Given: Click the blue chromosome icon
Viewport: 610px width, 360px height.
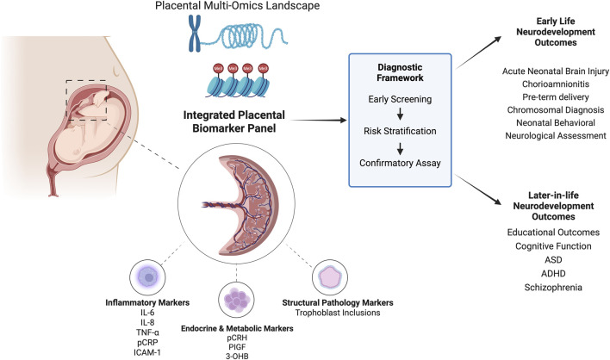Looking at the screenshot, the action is [x=195, y=34].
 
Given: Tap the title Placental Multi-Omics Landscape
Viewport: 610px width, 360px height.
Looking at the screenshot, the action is [x=237, y=6].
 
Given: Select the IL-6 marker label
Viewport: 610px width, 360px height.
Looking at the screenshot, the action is [x=147, y=313].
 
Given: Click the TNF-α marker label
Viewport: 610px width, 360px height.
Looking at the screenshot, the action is [x=147, y=332].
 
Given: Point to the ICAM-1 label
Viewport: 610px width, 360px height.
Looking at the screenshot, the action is [x=147, y=352].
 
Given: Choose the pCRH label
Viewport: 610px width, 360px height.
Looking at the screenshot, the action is [x=237, y=338].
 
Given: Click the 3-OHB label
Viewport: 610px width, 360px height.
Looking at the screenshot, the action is [x=237, y=356].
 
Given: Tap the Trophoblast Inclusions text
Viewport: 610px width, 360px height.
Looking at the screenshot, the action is [x=338, y=313].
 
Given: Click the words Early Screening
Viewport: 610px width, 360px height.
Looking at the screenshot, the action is [x=400, y=99].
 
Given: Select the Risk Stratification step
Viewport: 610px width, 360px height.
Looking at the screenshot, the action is [x=400, y=131].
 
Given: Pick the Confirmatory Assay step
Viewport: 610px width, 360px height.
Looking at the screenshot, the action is [x=400, y=163].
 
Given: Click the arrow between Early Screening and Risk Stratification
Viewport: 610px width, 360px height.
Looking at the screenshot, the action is [x=400, y=114].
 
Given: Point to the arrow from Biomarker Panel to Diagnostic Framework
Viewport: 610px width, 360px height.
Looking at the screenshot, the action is [x=319, y=121].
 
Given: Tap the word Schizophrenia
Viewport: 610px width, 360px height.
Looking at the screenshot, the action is [x=553, y=288].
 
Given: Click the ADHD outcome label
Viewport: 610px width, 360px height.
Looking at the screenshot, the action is [x=553, y=274].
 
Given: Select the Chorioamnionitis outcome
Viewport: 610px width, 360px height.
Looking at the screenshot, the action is [x=556, y=84].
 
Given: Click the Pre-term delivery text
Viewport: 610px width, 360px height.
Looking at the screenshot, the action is [x=556, y=96].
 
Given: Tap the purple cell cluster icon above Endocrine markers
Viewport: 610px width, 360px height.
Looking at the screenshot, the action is [x=237, y=300].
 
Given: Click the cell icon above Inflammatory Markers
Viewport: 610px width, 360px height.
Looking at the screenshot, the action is [x=147, y=277].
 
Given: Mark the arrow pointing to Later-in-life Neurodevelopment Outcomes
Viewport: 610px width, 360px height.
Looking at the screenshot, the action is [x=478, y=189].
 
